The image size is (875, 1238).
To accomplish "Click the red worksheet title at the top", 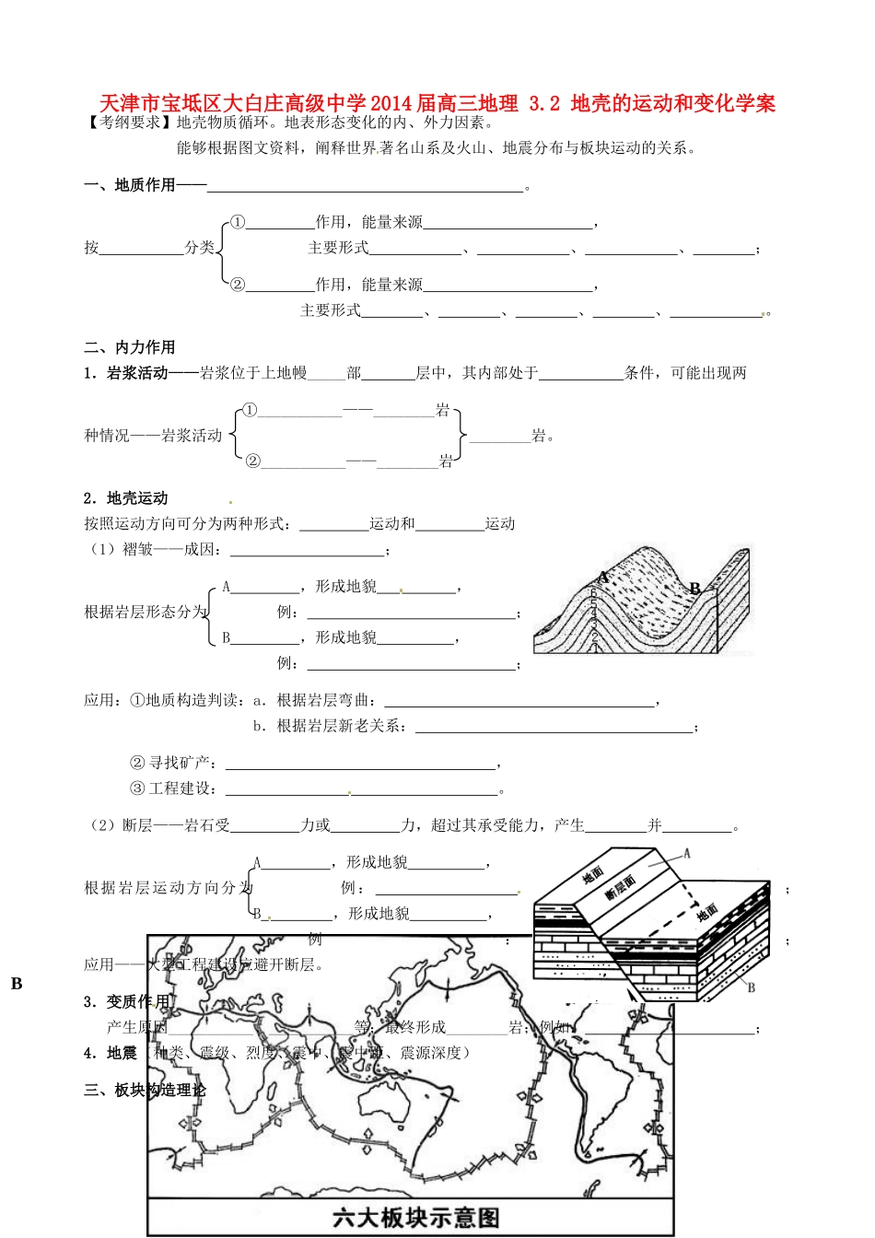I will (x=437, y=103).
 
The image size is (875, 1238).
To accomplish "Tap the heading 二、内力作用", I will (x=129, y=347).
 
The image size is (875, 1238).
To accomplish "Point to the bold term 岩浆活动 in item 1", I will (x=137, y=373).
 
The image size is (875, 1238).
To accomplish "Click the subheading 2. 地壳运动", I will (x=126, y=498).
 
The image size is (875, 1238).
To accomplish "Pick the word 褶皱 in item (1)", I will (x=137, y=550).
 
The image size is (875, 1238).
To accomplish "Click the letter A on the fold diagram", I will (x=603, y=578).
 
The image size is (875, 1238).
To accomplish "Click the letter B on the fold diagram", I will (x=695, y=589).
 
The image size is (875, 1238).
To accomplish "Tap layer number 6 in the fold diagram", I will (x=594, y=594).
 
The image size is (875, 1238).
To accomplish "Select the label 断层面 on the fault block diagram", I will (x=620, y=887).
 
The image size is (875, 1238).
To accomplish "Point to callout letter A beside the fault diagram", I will (x=686, y=854).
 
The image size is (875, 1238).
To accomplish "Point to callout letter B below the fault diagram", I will (x=751, y=987).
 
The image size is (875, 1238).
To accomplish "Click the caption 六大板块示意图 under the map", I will (x=415, y=1218).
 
